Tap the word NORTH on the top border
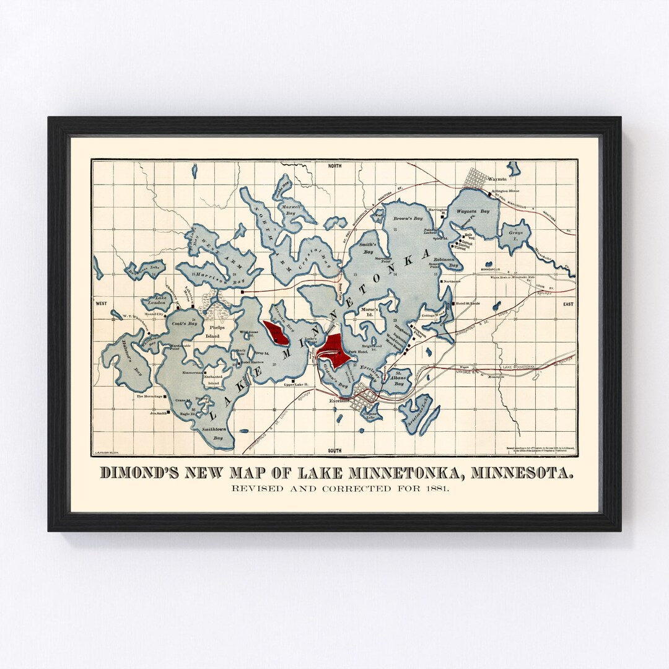334,166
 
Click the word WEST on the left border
101,304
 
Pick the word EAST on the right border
568,304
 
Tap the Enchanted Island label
213,380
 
